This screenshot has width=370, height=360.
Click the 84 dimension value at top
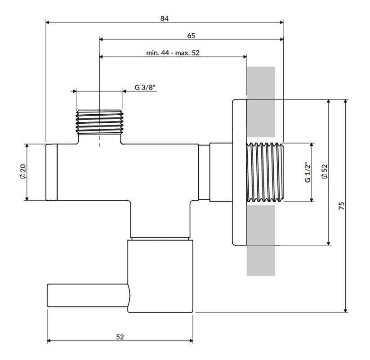[165, 18]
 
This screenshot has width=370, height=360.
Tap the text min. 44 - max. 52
[173, 53]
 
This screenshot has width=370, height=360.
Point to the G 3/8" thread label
[144, 87]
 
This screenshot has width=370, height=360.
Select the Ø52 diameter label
[325, 172]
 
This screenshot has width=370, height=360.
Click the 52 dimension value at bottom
[120, 337]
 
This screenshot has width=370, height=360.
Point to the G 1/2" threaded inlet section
[265, 172]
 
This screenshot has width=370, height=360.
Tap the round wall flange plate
[239, 172]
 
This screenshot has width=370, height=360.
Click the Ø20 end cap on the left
[51, 172]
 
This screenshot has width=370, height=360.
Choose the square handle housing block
[160, 275]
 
